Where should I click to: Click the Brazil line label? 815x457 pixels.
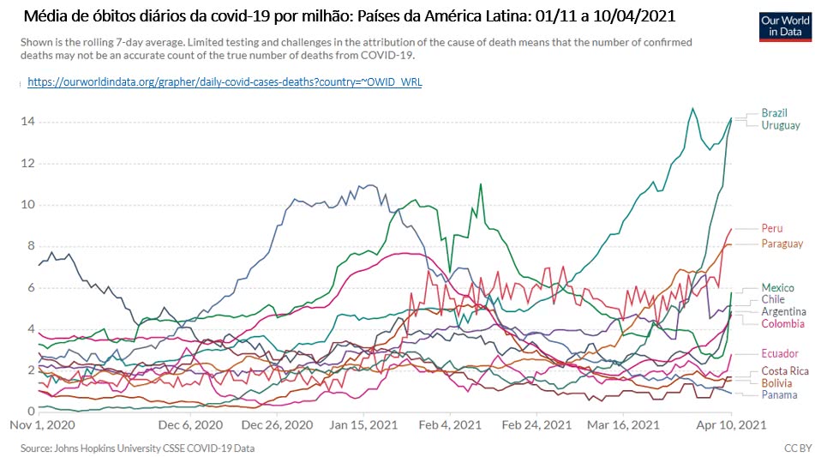(775, 112)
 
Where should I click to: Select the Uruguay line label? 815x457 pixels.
(780, 125)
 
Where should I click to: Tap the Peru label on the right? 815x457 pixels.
(771, 229)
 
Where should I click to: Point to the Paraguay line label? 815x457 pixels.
(781, 244)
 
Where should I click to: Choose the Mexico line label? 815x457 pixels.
(776, 287)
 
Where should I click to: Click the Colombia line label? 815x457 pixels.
(782, 324)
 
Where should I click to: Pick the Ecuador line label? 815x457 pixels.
(780, 353)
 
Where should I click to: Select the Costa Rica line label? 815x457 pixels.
(784, 370)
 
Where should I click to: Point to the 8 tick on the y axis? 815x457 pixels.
(30, 246)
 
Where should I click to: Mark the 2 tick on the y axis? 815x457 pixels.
(30, 370)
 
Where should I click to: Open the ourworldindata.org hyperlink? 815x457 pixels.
(225, 81)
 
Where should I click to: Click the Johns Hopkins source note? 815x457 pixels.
(138, 448)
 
